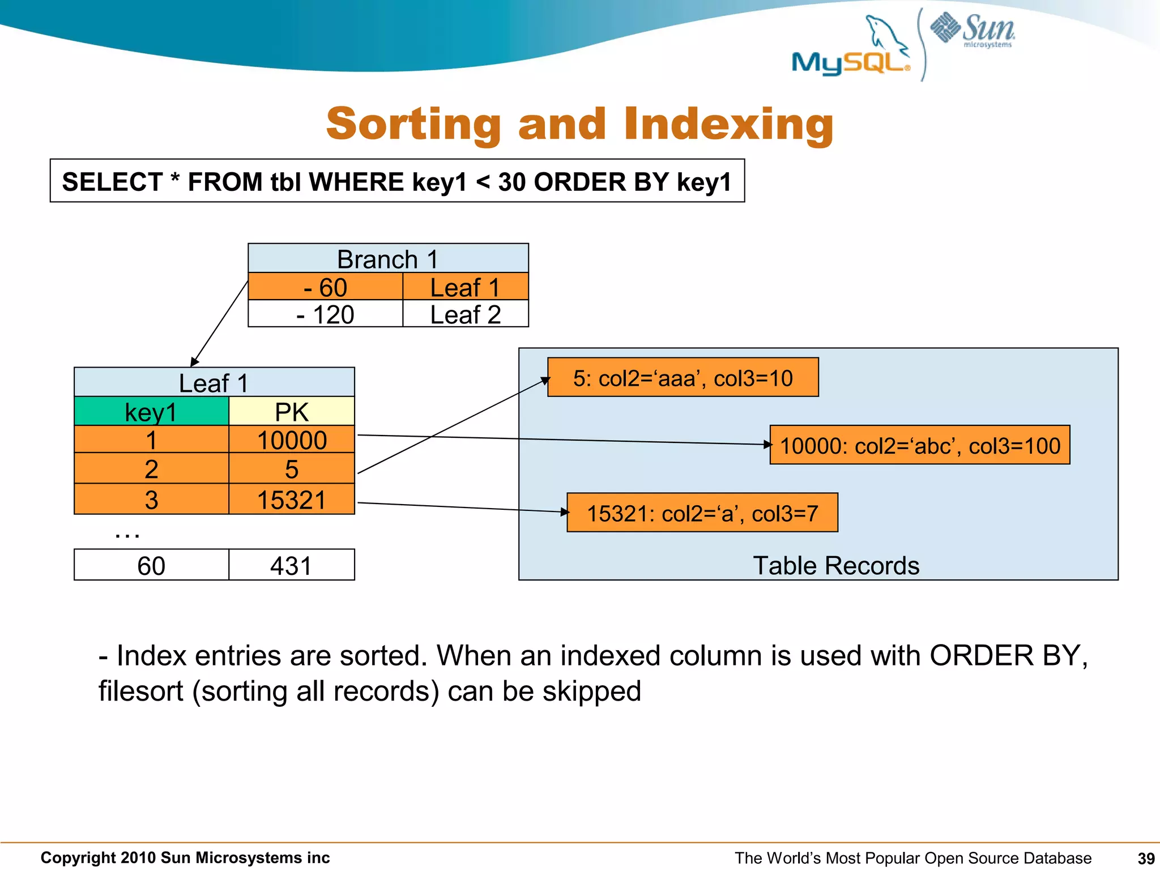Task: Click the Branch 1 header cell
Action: click(x=388, y=259)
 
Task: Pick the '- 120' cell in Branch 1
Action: click(x=325, y=314)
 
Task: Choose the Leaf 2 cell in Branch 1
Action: click(x=465, y=314)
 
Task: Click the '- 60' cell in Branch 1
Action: click(x=325, y=287)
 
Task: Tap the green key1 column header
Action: click(x=151, y=412)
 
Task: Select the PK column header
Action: click(x=291, y=412)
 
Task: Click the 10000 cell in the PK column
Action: click(x=291, y=440)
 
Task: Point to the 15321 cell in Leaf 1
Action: click(x=291, y=500)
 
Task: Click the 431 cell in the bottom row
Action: click(x=291, y=565)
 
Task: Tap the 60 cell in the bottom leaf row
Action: click(x=151, y=565)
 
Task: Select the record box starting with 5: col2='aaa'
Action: click(x=683, y=378)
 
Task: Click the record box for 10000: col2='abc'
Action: click(x=919, y=446)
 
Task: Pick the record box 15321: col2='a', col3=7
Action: click(x=702, y=513)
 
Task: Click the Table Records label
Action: click(x=835, y=565)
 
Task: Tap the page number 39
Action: click(x=1146, y=859)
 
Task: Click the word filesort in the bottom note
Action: click(x=140, y=692)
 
